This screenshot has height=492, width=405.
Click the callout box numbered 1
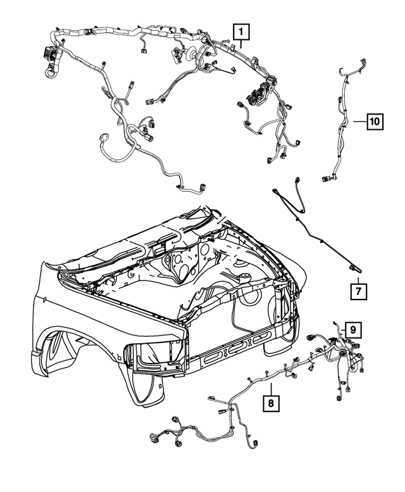241,30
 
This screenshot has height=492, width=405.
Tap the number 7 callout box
358,291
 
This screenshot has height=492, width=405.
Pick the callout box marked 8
270,402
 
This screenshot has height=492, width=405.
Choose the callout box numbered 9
353,329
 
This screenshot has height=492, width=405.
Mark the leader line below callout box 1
241,43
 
